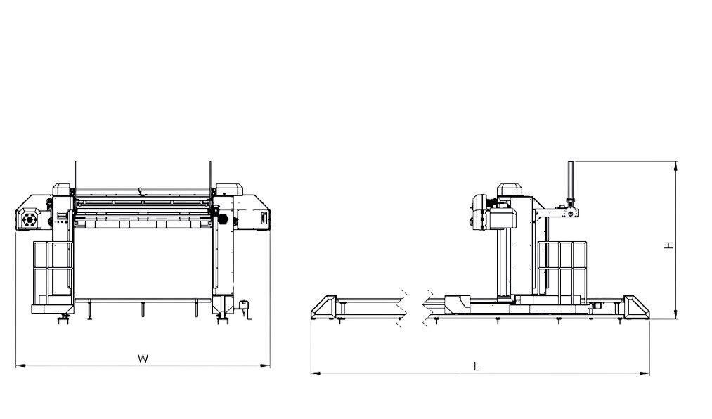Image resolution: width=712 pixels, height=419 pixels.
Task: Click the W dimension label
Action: click(x=143, y=359)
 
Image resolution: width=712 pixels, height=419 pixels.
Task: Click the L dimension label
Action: click(x=476, y=366)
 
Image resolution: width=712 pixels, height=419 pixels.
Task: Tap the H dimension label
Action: click(x=669, y=245)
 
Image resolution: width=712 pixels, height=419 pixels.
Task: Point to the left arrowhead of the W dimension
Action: click(x=20, y=366)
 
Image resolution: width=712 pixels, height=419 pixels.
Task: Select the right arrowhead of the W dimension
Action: click(x=266, y=365)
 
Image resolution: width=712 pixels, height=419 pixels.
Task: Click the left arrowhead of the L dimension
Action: click(x=315, y=373)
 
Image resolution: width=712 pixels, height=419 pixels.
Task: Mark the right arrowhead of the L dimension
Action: click(x=645, y=373)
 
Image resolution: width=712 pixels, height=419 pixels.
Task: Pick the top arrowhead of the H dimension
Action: click(x=676, y=166)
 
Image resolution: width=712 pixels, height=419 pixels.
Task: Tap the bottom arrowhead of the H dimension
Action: click(x=676, y=314)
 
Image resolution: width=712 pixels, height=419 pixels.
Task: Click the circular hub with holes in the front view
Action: click(x=30, y=220)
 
